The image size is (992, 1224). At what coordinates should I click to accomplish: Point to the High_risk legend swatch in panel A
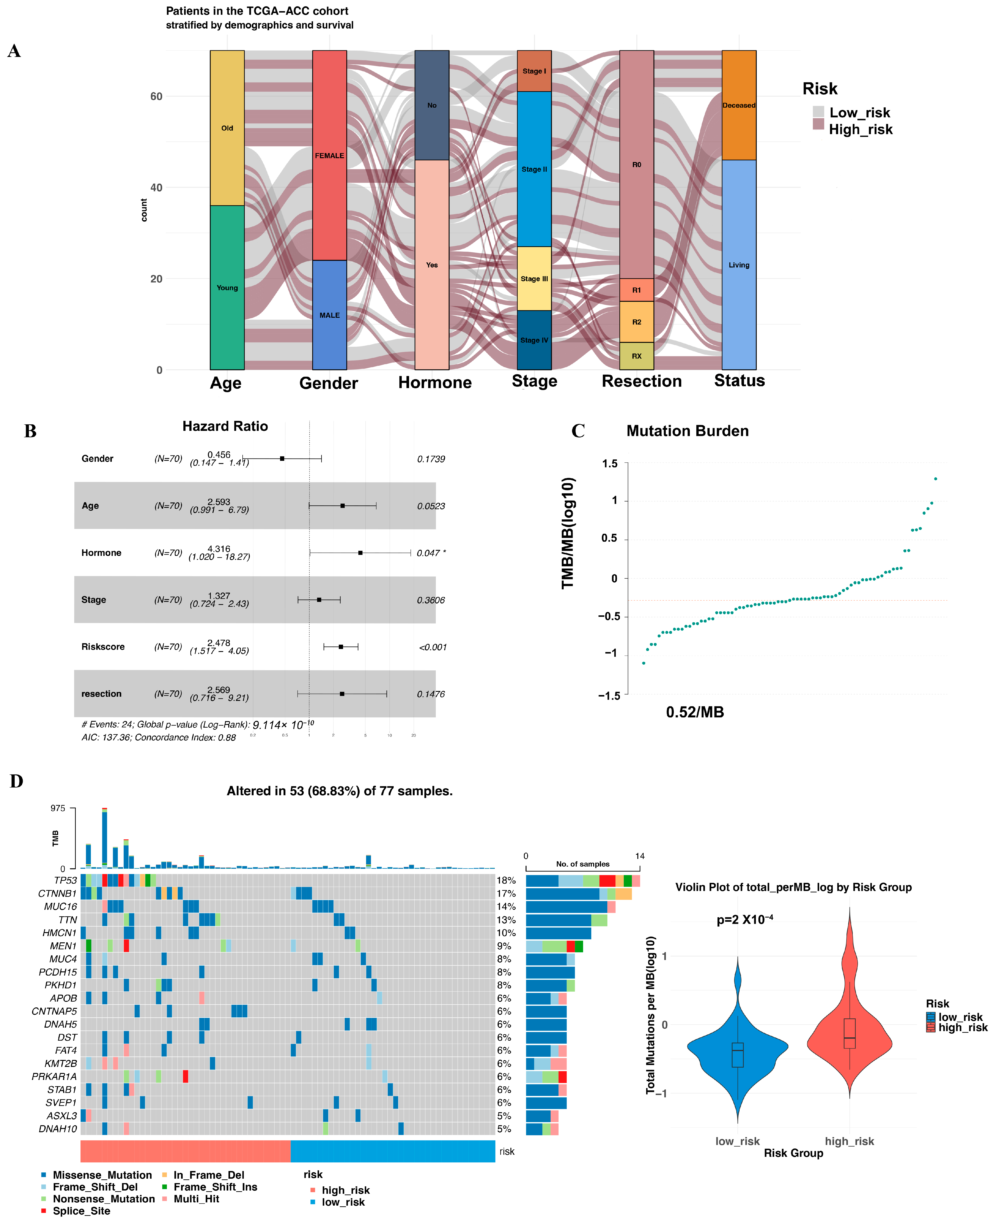tap(818, 124)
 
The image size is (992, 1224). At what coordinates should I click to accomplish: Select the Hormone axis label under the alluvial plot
tap(435, 382)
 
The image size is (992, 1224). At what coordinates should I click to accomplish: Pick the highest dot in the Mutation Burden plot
tap(936, 479)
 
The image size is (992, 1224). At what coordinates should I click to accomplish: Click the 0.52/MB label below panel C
tap(695, 712)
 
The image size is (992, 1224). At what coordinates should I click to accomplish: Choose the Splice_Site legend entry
tap(81, 1211)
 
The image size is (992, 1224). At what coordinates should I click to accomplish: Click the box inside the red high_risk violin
tap(850, 1033)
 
